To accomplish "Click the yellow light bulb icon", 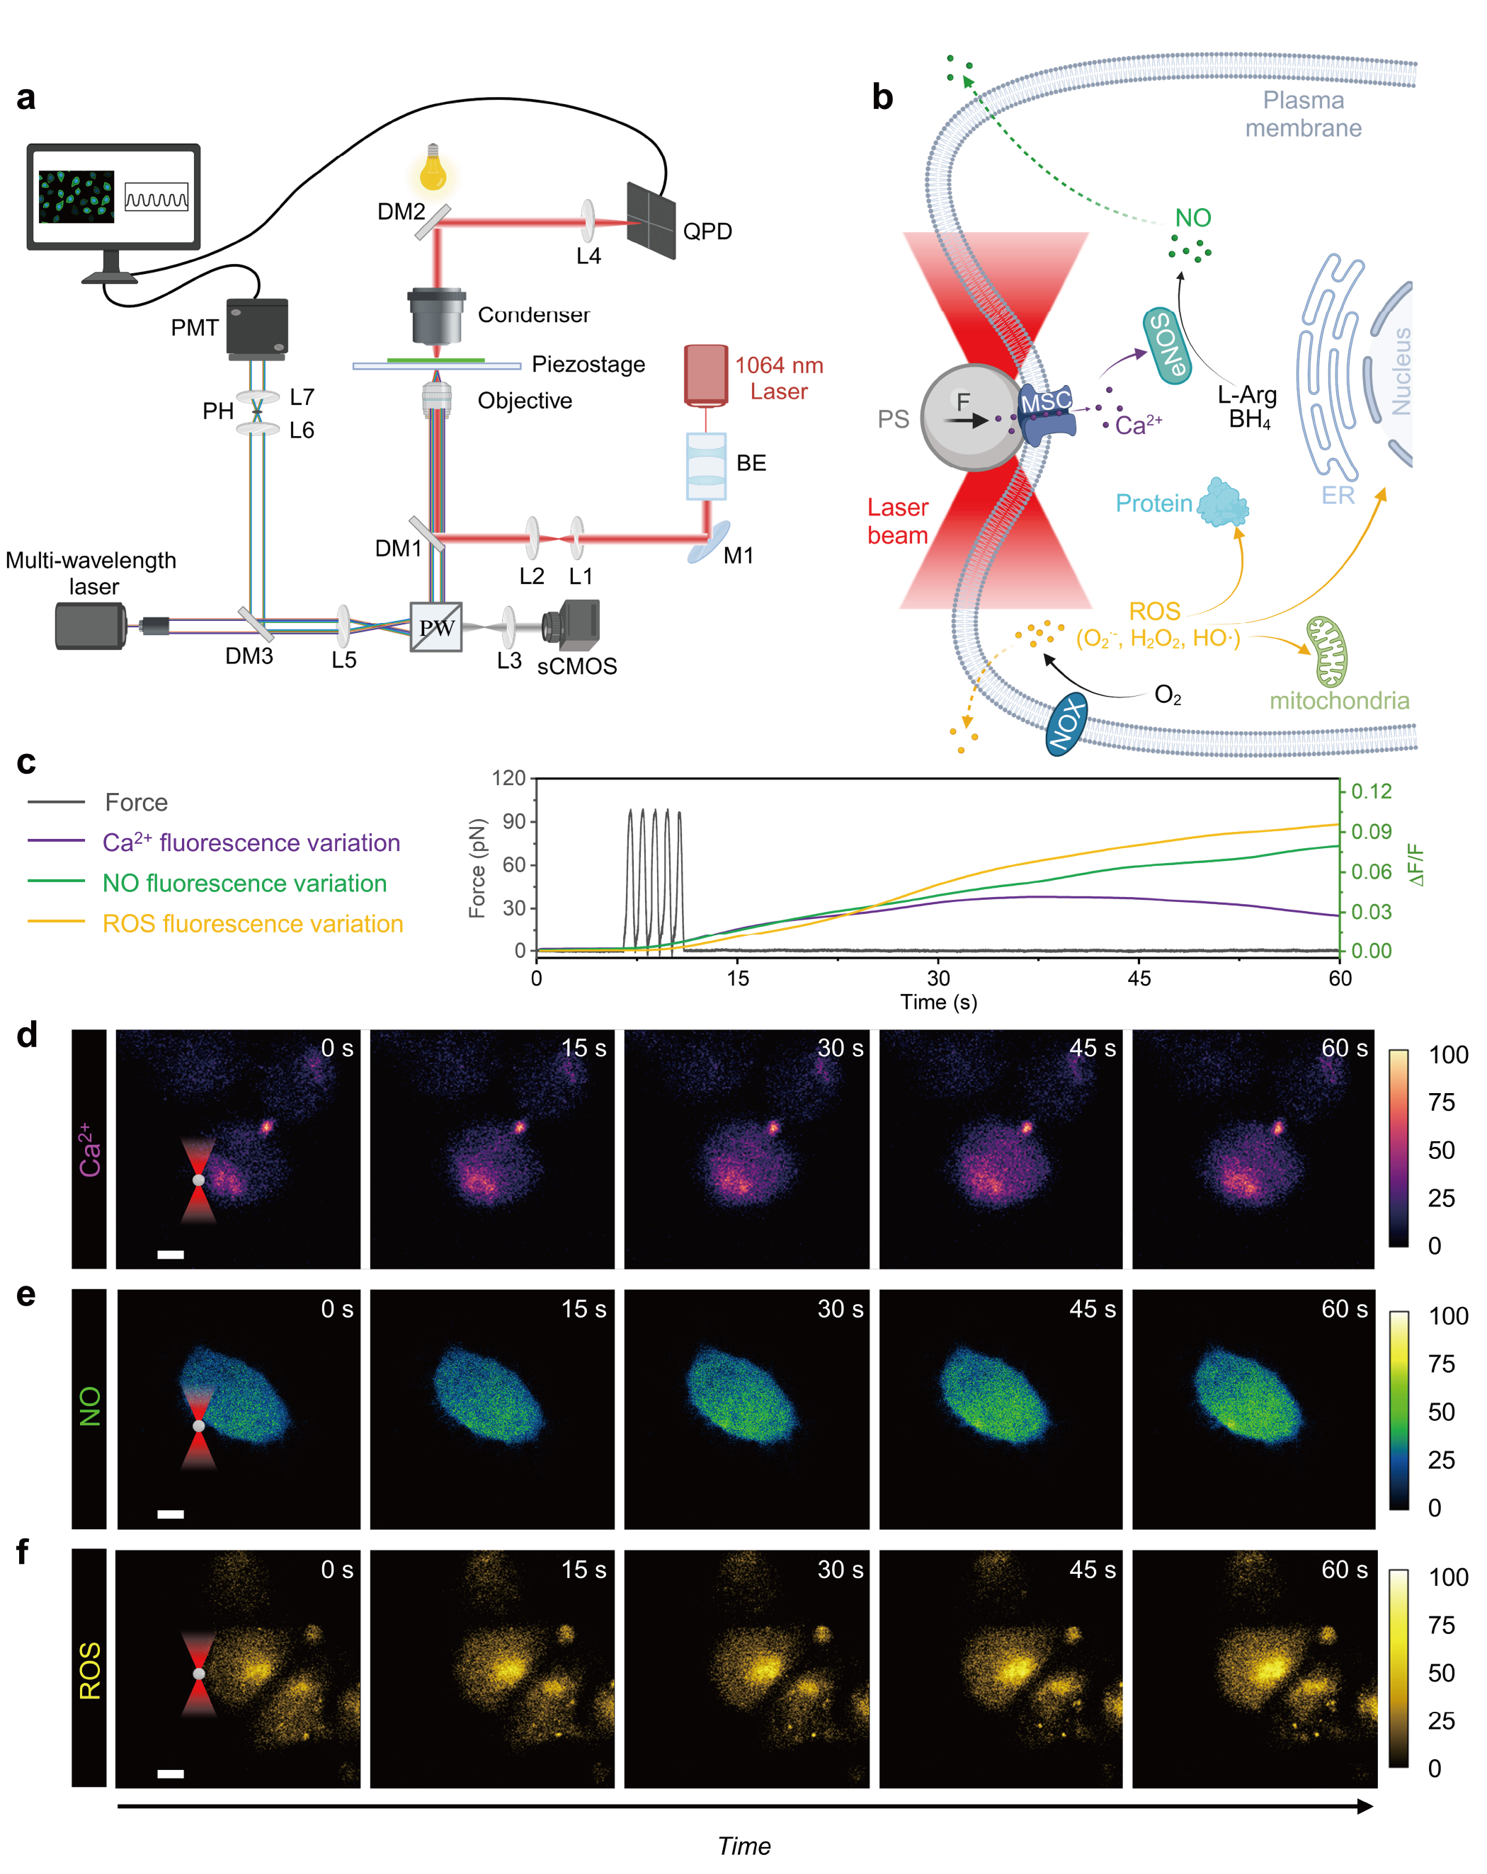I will pyautogui.click(x=432, y=168).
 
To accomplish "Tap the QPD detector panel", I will pyautogui.click(x=651, y=221).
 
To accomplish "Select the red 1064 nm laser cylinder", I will pyautogui.click(x=705, y=375).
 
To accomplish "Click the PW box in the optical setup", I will pyautogui.click(x=435, y=627).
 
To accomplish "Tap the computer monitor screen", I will pyautogui.click(x=113, y=196).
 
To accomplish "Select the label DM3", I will pyautogui.click(x=249, y=656).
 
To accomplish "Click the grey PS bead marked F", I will pyautogui.click(x=972, y=417).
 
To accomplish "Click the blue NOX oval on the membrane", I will pyautogui.click(x=1066, y=723).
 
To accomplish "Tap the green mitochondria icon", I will pyautogui.click(x=1327, y=652).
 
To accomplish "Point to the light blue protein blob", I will pyautogui.click(x=1223, y=503).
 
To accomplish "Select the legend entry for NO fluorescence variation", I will pyautogui.click(x=244, y=883).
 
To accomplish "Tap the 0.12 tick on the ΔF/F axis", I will pyautogui.click(x=1372, y=791).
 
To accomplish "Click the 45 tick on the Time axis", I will pyautogui.click(x=1139, y=978).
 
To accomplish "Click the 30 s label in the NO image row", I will pyautogui.click(x=839, y=1309).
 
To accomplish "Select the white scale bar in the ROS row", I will pyautogui.click(x=171, y=1774).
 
